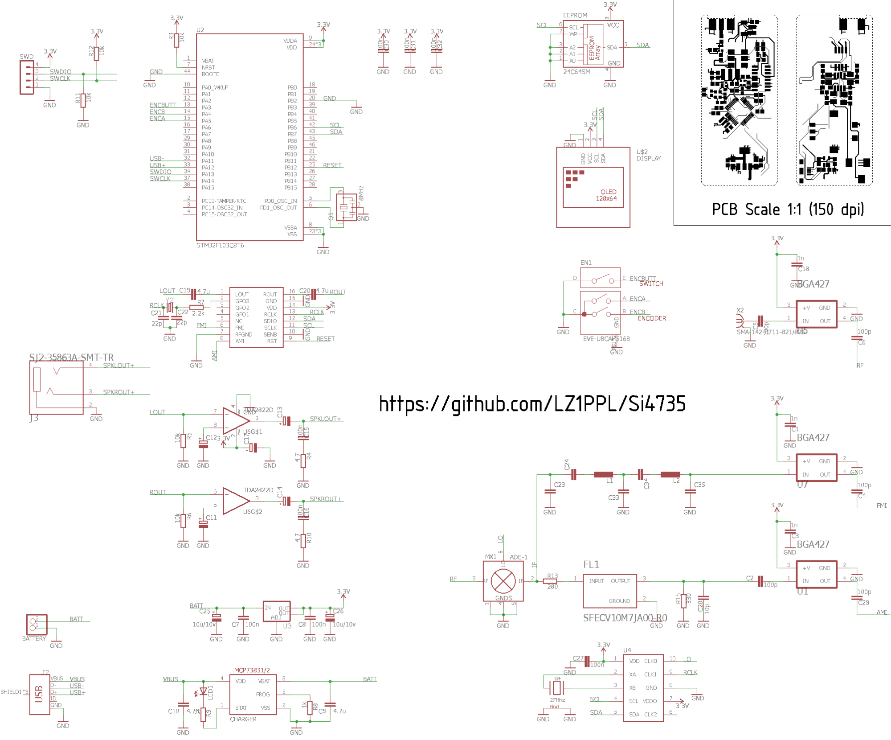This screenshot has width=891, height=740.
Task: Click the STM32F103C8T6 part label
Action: (x=220, y=245)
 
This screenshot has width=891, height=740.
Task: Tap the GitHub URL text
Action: (x=532, y=404)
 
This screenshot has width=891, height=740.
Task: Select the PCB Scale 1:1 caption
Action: (x=788, y=209)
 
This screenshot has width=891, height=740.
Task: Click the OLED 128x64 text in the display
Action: (x=606, y=195)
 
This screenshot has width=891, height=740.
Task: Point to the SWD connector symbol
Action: (x=27, y=77)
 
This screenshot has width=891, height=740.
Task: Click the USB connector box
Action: (x=40, y=694)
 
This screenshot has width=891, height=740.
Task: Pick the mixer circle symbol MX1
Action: (x=503, y=581)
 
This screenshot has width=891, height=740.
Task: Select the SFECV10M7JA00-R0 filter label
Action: (x=625, y=617)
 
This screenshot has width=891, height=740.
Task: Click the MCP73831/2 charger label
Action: (x=252, y=670)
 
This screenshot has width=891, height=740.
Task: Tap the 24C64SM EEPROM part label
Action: (x=576, y=72)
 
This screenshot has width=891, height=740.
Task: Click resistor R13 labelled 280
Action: (x=552, y=581)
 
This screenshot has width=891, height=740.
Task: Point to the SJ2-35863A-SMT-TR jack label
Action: (x=71, y=357)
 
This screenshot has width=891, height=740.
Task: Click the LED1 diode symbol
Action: (x=204, y=691)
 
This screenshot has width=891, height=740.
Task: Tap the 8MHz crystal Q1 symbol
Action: (x=344, y=207)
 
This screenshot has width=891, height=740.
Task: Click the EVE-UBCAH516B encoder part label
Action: (x=606, y=339)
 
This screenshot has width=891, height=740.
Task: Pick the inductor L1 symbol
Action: (x=603, y=475)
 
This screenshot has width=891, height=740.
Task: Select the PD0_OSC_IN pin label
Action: (x=280, y=201)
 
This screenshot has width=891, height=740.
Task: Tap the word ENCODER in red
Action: (x=652, y=318)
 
